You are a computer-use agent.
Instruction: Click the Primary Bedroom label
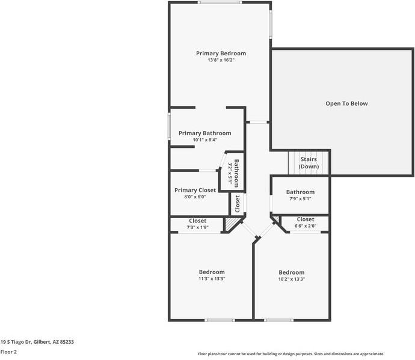pos(221,53)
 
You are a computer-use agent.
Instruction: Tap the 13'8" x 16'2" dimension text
pos(221,60)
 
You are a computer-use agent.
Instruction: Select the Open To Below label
pos(346,104)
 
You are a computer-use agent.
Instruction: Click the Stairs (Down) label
pos(309,163)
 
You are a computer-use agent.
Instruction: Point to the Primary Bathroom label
pos(205,133)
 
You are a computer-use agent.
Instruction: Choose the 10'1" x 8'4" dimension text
pos(205,139)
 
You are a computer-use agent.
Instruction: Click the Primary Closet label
pos(195,190)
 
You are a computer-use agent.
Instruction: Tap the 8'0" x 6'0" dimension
pos(195,197)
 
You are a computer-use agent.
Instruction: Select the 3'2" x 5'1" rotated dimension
pos(230,174)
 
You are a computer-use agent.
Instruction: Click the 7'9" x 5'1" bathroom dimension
pos(300,199)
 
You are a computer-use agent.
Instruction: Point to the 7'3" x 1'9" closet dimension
pos(198,227)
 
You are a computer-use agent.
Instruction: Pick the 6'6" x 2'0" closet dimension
pos(306,226)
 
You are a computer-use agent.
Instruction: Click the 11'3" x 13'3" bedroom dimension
pos(212,278)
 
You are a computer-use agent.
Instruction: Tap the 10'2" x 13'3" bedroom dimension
pos(292,279)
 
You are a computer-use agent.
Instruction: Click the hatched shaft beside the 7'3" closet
pos(231,224)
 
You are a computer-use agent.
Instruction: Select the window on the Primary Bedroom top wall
pos(220,2)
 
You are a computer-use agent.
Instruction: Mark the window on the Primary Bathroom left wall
pos(170,126)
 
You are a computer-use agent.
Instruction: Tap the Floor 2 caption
pos(8,352)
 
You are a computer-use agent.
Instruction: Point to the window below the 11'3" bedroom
pos(220,320)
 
